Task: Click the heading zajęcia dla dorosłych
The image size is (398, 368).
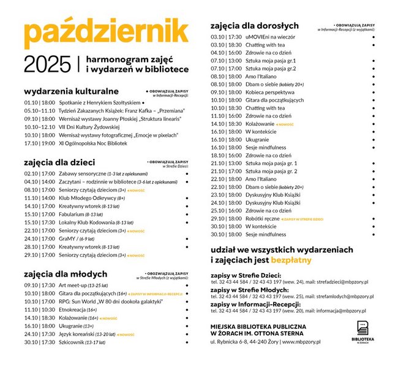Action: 254,26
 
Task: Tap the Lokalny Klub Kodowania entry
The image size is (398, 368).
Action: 97,222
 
